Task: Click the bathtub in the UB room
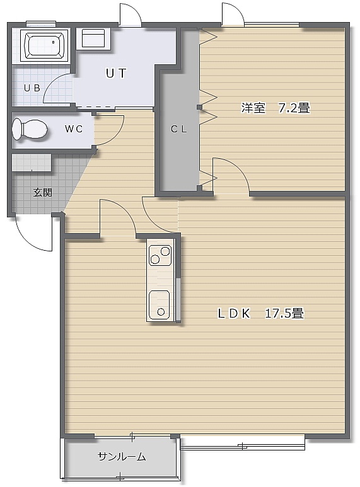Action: [44, 45]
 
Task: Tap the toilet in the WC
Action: [30, 130]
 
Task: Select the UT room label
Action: [116, 73]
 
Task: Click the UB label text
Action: [32, 88]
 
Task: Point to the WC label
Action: [74, 129]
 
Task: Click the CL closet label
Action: [179, 129]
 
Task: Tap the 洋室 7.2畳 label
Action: [276, 108]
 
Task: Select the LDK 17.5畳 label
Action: [260, 313]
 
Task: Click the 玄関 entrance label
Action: [43, 193]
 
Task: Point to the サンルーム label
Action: [122, 457]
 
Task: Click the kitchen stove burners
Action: [160, 255]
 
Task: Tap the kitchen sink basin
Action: [160, 305]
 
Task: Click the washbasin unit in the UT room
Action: [93, 38]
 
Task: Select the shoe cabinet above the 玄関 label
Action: [32, 163]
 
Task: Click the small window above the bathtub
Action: [41, 23]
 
